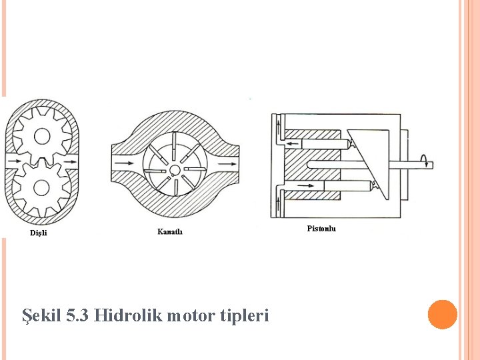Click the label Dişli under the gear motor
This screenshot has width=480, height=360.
[x=39, y=233]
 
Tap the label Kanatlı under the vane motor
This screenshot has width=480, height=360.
[x=169, y=231]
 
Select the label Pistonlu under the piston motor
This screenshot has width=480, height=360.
[x=321, y=229]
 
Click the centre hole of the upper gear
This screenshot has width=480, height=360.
[x=41, y=137]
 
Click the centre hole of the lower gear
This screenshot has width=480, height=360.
[x=41, y=187]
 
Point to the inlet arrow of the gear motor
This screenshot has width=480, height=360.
[x=12, y=162]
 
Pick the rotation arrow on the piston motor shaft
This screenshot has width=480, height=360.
[x=423, y=161]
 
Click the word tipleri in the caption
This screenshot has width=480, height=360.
[x=244, y=315]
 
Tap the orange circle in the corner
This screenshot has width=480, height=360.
[x=443, y=315]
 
